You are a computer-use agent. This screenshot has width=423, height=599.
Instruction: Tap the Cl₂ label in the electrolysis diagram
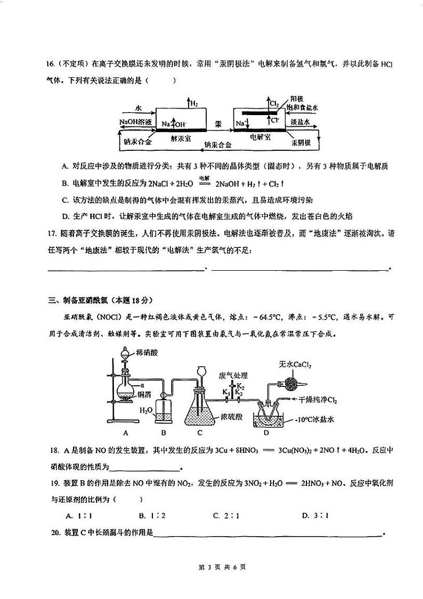point(275,103)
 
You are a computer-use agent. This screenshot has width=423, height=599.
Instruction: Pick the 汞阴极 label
point(301,143)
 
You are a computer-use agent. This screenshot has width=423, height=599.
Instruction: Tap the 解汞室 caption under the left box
point(181,137)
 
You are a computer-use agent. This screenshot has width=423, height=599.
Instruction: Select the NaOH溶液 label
point(136,122)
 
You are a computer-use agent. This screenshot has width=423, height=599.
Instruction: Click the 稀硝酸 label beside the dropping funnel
point(147,353)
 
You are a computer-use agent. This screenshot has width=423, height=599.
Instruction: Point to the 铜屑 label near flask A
point(144,394)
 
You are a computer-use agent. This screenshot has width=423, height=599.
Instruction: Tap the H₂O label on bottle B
point(145,410)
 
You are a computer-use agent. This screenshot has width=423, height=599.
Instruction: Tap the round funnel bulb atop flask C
point(201,371)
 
